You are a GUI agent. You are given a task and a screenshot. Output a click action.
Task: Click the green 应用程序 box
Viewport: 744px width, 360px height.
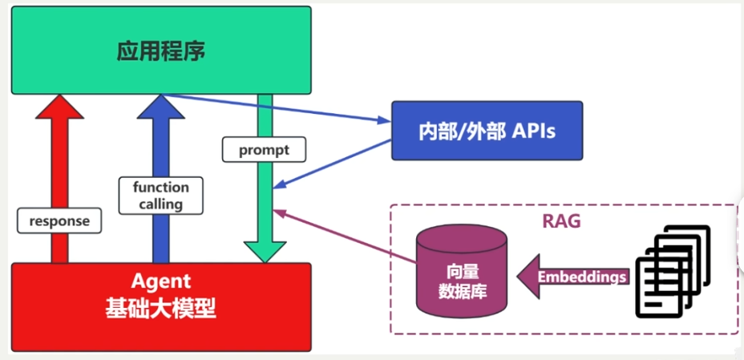161,50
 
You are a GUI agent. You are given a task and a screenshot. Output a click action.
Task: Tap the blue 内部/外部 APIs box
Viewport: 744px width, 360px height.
487,130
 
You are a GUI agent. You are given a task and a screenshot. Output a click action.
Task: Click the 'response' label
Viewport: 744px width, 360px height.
59,220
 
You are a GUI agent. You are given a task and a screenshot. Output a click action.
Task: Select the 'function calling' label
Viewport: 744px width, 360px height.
160,196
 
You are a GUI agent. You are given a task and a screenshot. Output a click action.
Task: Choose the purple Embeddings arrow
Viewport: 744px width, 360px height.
571,277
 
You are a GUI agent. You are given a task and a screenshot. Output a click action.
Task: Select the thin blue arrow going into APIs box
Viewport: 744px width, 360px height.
281,109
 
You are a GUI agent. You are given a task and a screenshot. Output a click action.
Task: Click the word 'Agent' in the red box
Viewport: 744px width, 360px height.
161,281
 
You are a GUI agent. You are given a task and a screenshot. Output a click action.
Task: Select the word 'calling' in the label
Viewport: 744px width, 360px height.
160,204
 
